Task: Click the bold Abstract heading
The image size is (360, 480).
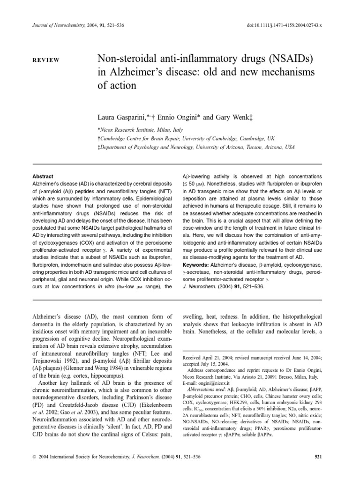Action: pos(42,176)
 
